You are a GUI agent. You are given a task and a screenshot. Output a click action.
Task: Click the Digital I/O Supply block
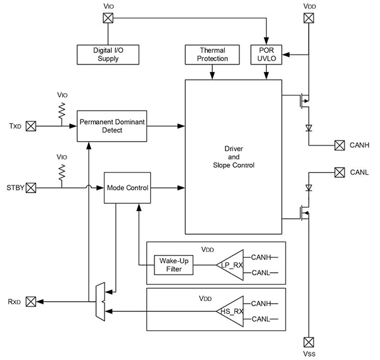(106, 54)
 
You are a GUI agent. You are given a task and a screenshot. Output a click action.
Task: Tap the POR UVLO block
(265, 54)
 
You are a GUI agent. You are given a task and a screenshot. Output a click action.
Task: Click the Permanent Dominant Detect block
(111, 125)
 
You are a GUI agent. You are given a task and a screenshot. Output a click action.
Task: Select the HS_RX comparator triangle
(231, 311)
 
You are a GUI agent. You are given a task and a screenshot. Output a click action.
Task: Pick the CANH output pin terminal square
(340, 145)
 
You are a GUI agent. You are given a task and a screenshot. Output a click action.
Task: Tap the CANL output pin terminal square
(340, 173)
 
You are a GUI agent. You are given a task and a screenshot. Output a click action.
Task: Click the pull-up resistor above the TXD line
(62, 111)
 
